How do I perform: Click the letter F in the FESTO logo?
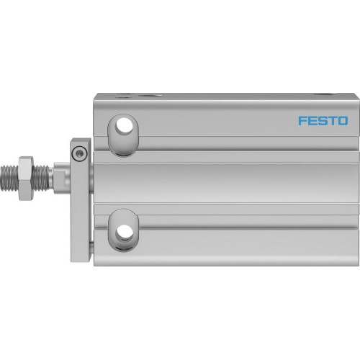pos(302,121)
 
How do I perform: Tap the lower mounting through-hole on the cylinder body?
pos(125,231)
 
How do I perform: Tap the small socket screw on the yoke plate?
pos(81,153)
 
